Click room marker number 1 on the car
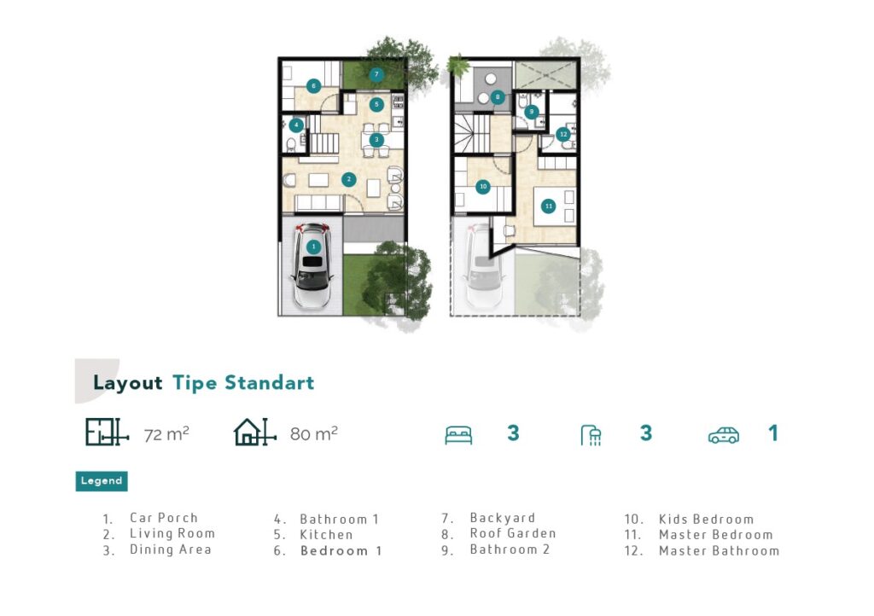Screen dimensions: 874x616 coord(313,247)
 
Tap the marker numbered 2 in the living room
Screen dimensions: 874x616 coord(349,179)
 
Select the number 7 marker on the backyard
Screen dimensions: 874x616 coord(376,74)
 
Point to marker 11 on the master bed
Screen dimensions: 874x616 coord(549,206)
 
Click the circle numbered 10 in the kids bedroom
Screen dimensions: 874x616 coord(483,187)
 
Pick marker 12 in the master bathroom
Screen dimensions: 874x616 coord(563,134)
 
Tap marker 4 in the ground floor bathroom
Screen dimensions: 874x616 coord(296,125)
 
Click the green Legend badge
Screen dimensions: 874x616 coord(102,481)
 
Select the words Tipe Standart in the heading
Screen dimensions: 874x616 coord(243,383)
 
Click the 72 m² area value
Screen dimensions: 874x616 coord(166,434)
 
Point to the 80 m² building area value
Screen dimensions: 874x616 coord(314,434)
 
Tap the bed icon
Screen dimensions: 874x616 coord(458,435)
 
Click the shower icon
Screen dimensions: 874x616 coord(591,435)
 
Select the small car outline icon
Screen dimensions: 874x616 coord(724,435)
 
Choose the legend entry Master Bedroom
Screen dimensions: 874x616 coord(716,535)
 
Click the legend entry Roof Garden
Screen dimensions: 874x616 coord(513,533)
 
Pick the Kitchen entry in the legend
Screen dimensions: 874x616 coord(326,535)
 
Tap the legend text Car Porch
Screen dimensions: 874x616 coord(164,518)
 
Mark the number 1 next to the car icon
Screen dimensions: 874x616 coord(772,433)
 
